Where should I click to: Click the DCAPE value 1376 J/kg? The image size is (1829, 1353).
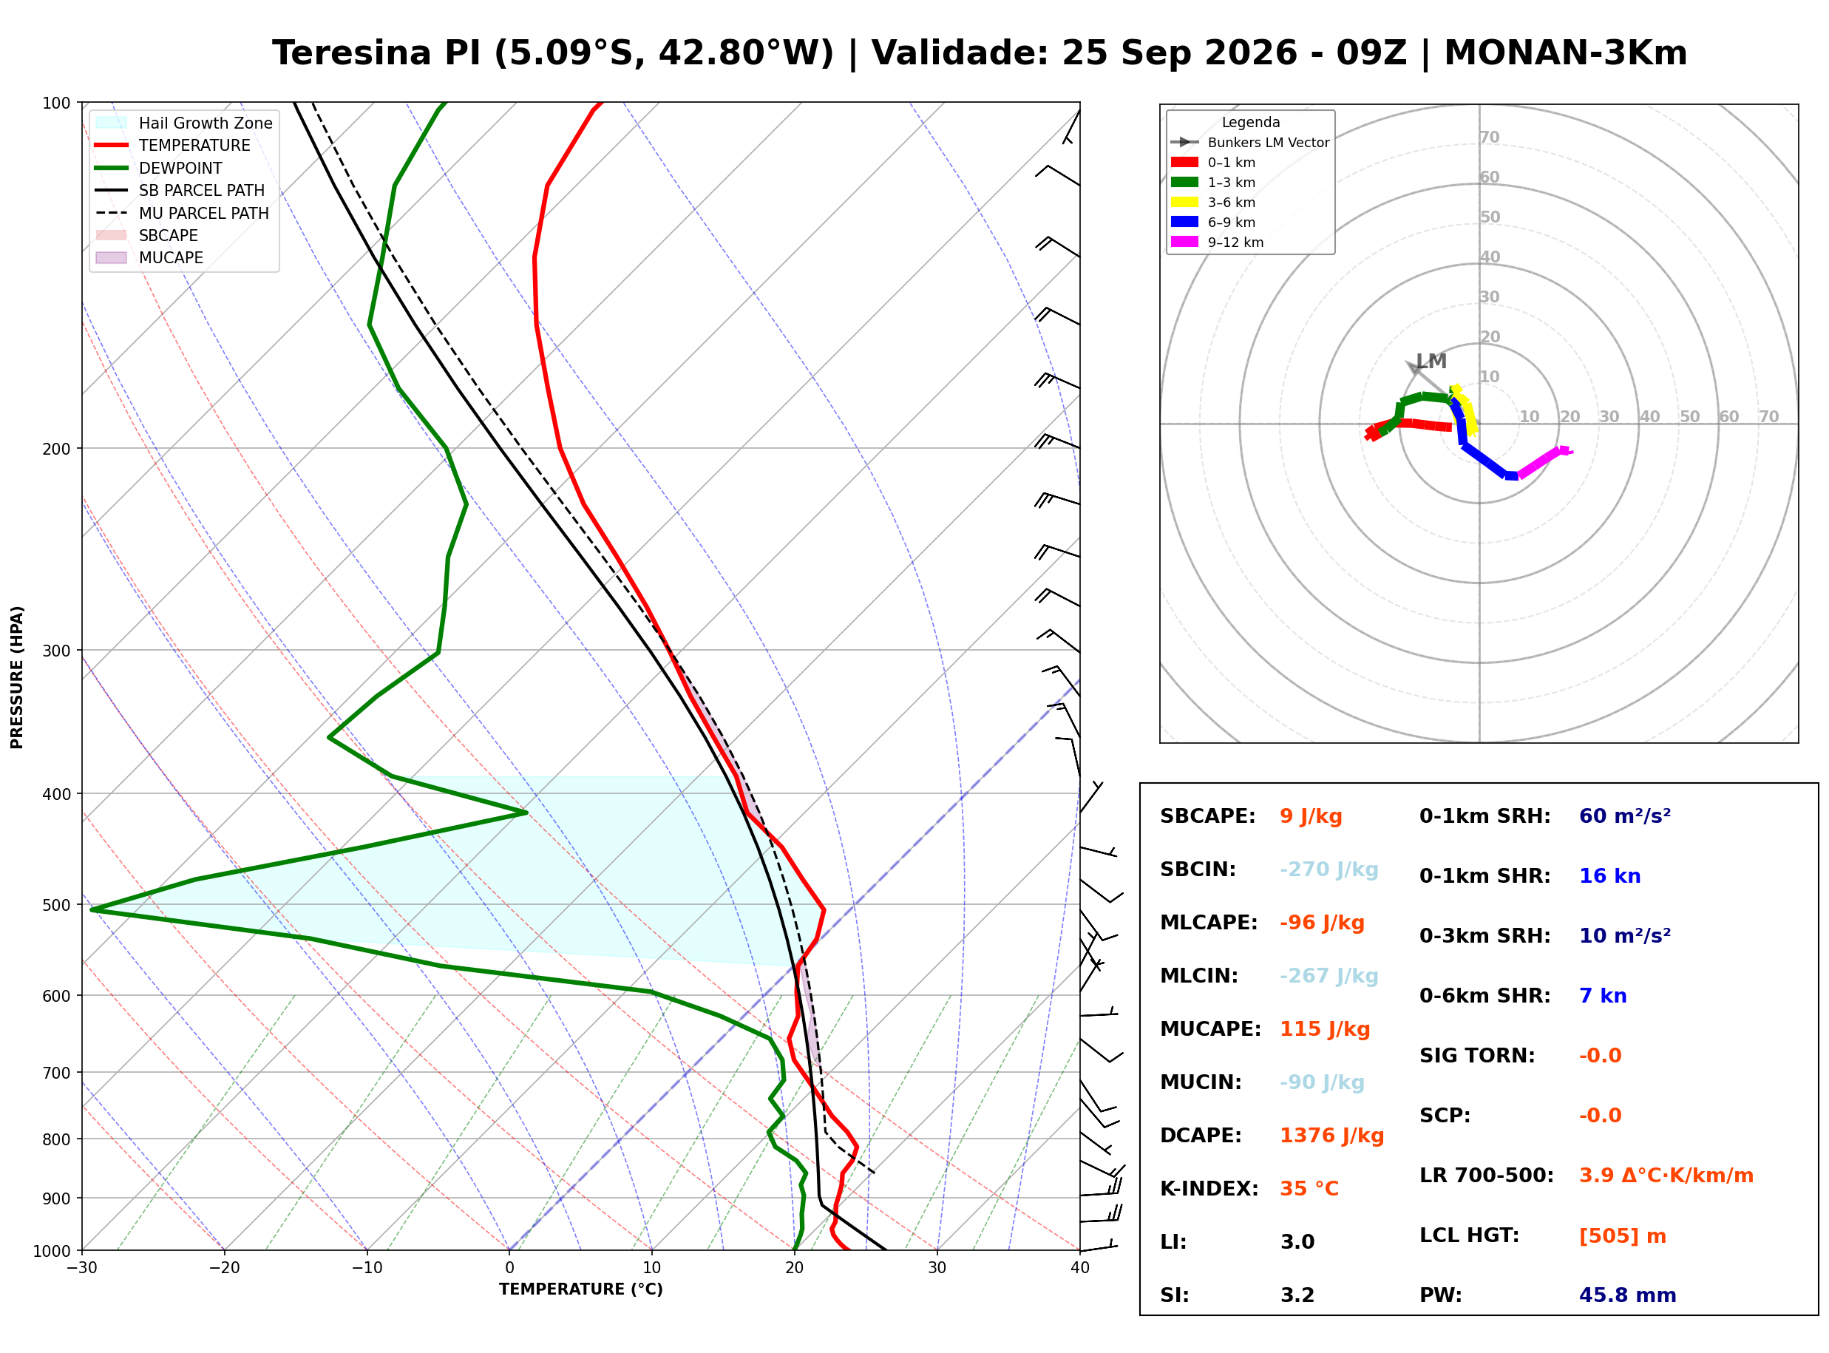tap(1331, 1136)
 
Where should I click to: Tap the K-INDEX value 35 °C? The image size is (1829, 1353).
tap(1309, 1189)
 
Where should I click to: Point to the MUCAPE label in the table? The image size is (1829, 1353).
tap(1210, 1029)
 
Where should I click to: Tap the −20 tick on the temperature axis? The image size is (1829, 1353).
tap(223, 1268)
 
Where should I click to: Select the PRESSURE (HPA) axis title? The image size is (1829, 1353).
tap(17, 677)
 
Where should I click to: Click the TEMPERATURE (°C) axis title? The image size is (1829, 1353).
tap(580, 1289)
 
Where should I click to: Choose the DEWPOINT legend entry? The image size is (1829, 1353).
tap(180, 168)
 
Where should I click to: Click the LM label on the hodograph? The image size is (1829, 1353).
tap(1431, 362)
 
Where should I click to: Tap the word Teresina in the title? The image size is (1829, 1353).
tap(351, 53)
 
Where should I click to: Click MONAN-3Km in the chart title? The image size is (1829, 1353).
tap(1565, 53)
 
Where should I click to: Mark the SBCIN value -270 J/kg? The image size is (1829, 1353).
tap(1329, 869)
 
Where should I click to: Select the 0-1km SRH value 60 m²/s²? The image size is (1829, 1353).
tap(1624, 816)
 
